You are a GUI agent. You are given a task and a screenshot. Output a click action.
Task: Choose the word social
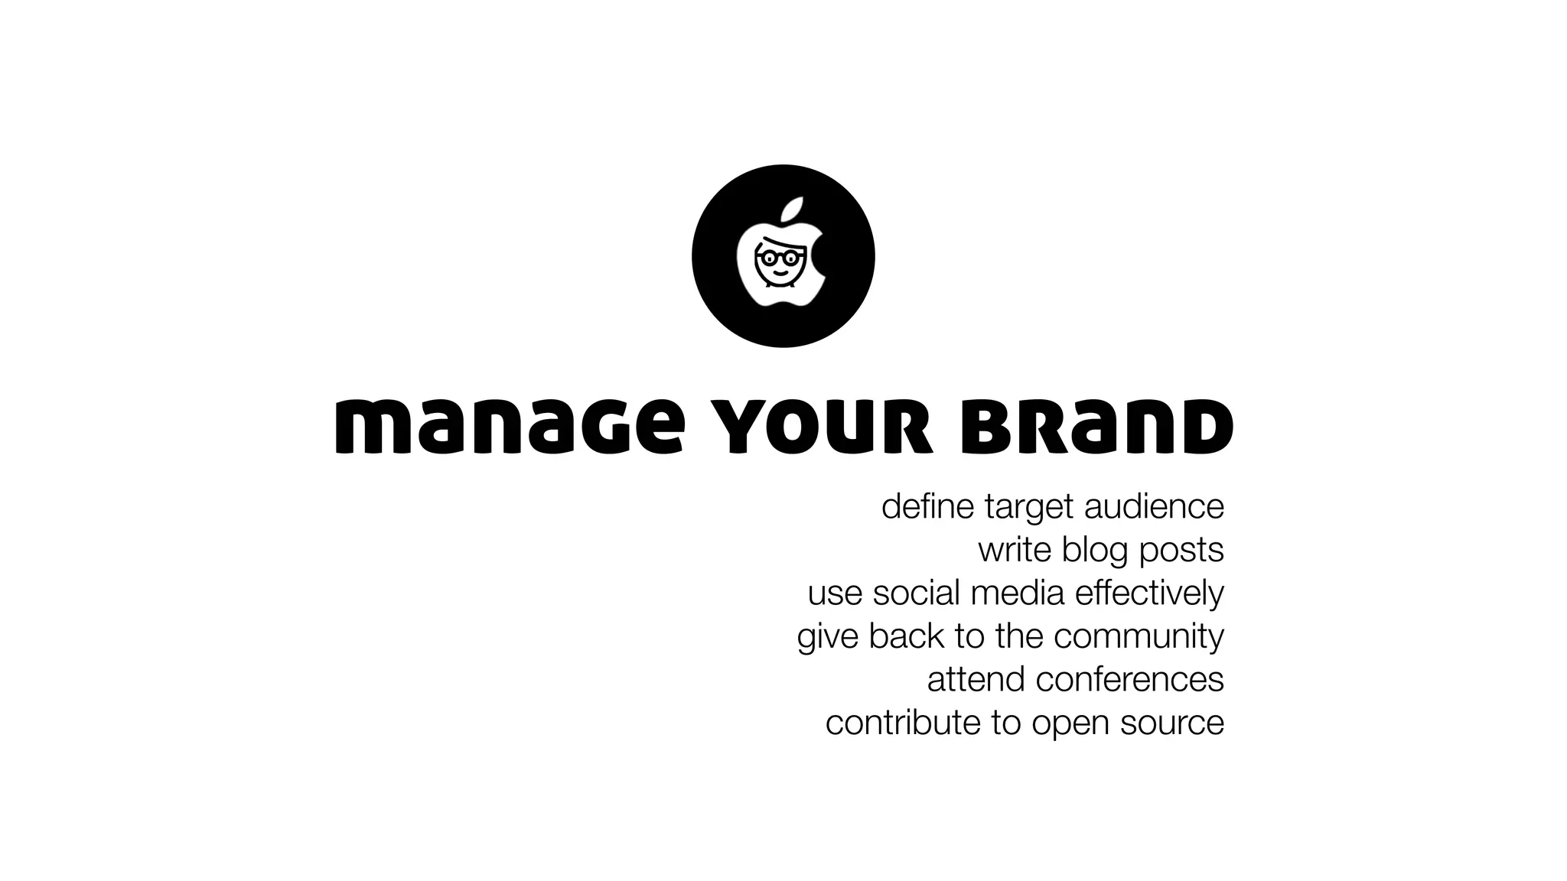(x=916, y=593)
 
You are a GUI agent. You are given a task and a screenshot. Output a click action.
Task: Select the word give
(x=827, y=636)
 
